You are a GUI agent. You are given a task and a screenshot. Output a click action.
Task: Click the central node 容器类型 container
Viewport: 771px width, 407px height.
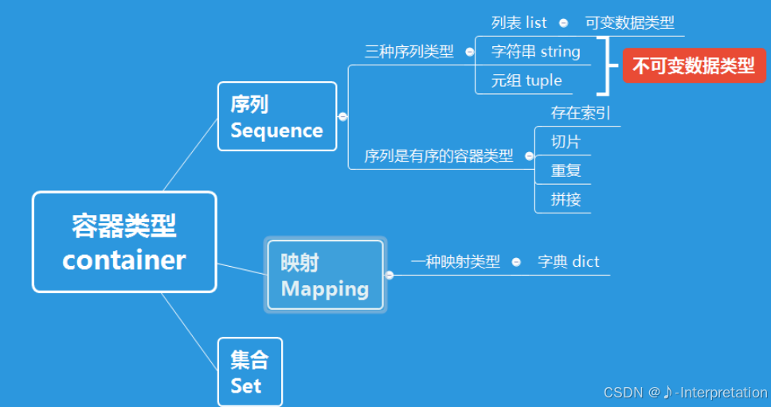click(124, 242)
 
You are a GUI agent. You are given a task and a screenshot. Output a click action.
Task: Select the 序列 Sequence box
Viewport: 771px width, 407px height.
click(276, 116)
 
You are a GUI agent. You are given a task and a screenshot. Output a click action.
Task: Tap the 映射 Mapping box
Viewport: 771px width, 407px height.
click(325, 275)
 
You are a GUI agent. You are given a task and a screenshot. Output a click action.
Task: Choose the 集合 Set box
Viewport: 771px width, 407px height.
click(249, 372)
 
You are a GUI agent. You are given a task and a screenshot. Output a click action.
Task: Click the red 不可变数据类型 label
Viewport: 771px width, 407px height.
click(693, 65)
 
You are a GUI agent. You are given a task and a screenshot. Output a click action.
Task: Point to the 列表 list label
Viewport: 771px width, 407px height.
click(519, 23)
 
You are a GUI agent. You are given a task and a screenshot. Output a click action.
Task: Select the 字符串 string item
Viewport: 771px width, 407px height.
click(535, 52)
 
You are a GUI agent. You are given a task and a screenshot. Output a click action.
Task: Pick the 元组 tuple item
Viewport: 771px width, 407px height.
click(526, 80)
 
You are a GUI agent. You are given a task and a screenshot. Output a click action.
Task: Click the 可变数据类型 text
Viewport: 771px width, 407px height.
click(629, 23)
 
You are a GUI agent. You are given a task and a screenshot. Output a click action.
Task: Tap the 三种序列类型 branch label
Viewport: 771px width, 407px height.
click(409, 52)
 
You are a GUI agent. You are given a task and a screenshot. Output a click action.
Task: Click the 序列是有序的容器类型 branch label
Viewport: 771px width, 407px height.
click(438, 156)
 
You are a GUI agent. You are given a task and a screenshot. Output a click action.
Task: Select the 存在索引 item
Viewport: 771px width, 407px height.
click(580, 113)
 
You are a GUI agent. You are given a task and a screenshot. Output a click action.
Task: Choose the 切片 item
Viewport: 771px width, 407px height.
click(566, 142)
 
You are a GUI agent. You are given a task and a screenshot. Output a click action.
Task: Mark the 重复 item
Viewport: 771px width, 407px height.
click(566, 170)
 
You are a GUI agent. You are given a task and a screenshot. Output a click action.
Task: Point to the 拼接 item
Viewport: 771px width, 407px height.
click(566, 199)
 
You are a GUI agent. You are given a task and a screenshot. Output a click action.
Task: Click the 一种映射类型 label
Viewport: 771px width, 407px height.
click(455, 261)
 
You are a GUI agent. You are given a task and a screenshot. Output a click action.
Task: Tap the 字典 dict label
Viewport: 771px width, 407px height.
click(568, 261)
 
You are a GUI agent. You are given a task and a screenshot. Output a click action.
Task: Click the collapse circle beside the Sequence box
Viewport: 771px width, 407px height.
click(342, 116)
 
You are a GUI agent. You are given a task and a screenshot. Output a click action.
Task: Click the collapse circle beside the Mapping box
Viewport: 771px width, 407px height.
click(389, 276)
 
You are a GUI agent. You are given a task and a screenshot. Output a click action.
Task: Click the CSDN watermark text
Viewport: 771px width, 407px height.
click(685, 392)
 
